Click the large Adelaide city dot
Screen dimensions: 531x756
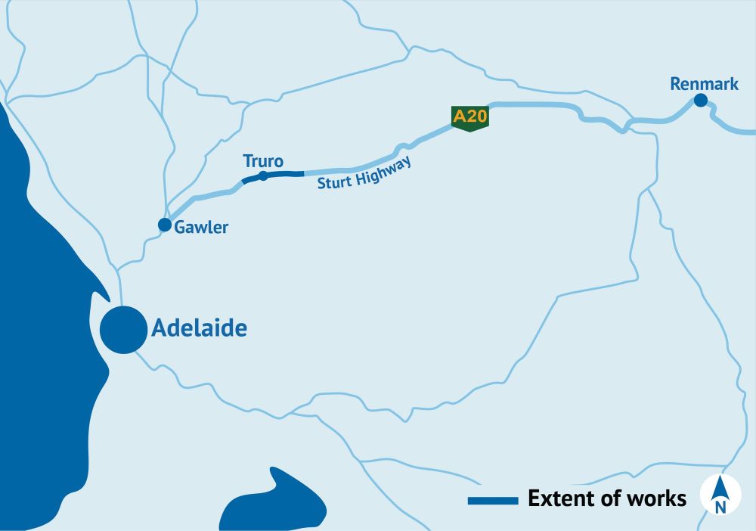coord(123,330)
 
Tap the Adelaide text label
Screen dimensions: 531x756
coord(200,329)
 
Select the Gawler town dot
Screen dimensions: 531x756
coord(164,225)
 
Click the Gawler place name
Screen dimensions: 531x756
coord(201,227)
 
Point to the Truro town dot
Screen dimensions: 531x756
coord(263,175)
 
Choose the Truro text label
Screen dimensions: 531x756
coord(263,160)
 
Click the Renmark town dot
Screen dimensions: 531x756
coord(701,100)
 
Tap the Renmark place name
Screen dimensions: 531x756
coord(704,84)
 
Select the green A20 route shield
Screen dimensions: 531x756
coord(470,118)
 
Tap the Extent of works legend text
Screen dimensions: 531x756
coord(607,499)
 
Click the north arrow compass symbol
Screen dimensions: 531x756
coord(720,493)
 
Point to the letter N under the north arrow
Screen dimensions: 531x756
coord(720,507)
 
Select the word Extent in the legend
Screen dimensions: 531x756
coord(556,499)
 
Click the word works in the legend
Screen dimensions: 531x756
coord(658,499)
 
